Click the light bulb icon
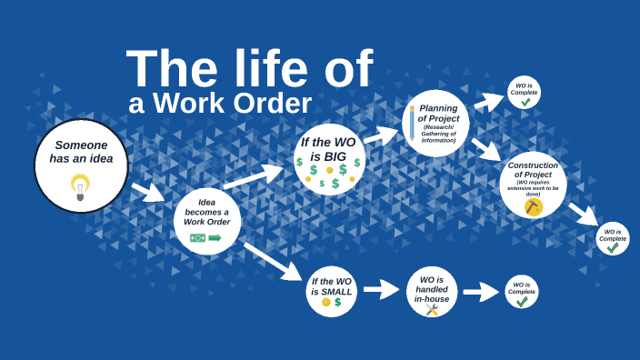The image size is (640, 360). pyautogui.click(x=80, y=185)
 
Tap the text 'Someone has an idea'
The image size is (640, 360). pyautogui.click(x=80, y=151)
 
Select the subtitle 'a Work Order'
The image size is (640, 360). pyautogui.click(x=220, y=104)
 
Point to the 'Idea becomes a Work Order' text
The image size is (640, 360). pyautogui.click(x=207, y=212)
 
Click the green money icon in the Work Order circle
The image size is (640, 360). pyautogui.click(x=198, y=238)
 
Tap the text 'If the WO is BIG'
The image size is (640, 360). pyautogui.click(x=329, y=149)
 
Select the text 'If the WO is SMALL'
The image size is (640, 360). pyautogui.click(x=332, y=286)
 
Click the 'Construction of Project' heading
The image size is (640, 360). pyautogui.click(x=533, y=170)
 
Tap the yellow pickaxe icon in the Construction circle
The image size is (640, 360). pyautogui.click(x=533, y=207)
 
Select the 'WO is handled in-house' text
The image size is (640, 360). pyautogui.click(x=432, y=289)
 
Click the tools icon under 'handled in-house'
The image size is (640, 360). pyautogui.click(x=432, y=310)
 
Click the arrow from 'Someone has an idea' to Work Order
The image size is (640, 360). pyautogui.click(x=147, y=192)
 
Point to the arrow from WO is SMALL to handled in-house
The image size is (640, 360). pyautogui.click(x=381, y=290)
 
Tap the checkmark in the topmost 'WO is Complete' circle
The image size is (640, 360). pyautogui.click(x=525, y=102)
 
